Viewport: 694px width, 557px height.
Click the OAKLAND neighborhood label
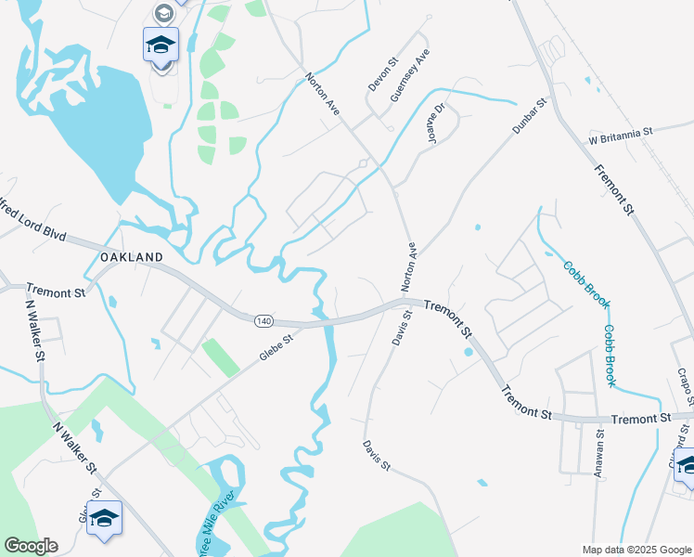click(x=131, y=256)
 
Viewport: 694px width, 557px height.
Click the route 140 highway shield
click(x=263, y=320)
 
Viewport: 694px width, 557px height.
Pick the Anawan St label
click(x=599, y=452)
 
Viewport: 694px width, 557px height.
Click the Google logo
click(x=31, y=546)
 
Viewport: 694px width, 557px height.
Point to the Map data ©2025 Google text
click(x=636, y=550)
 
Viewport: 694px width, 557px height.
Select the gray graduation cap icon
click(x=163, y=12)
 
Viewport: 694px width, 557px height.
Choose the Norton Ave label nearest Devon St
click(x=322, y=95)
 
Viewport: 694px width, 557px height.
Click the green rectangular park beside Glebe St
click(x=219, y=357)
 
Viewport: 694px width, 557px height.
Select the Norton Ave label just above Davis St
click(x=409, y=267)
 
